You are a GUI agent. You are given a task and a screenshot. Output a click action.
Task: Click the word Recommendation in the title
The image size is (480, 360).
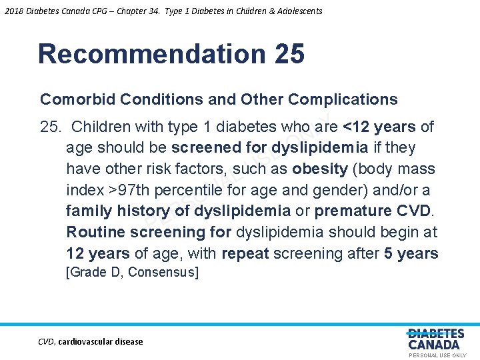coord(151,54)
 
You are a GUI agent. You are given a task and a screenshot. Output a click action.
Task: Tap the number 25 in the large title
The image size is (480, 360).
coord(288,54)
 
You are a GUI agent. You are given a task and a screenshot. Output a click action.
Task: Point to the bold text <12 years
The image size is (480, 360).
coord(378,127)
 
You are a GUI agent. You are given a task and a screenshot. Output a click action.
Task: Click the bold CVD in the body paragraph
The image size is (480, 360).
coord(414,211)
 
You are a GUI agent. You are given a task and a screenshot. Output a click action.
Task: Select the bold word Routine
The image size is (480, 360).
coord(96,233)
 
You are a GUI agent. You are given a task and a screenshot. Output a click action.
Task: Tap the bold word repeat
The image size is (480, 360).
coord(245,254)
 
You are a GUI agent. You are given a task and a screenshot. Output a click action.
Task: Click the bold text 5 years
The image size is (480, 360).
coord(411,254)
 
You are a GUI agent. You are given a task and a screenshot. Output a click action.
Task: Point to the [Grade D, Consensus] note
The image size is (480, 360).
coord(132,273)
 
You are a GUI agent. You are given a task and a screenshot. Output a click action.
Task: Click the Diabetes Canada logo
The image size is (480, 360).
coord(435,339)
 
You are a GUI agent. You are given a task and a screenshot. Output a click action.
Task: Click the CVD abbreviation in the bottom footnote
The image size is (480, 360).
coord(46,342)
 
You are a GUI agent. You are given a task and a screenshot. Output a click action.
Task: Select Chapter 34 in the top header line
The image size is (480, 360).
coord(124,11)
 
